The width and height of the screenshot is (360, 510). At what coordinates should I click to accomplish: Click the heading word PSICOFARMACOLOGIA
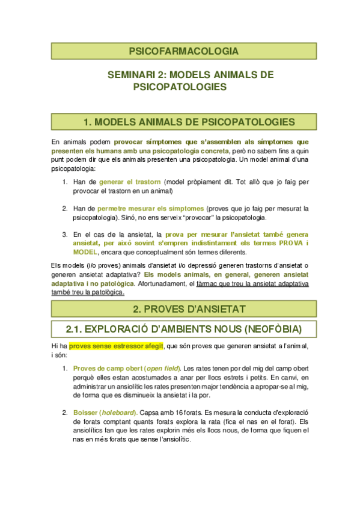coord(179,51)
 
